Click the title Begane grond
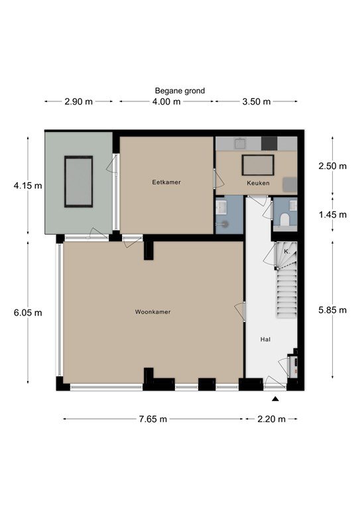point(180,91)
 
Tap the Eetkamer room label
point(166,182)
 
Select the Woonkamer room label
point(152,312)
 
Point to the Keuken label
point(258,183)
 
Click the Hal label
point(265,339)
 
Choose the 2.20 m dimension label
point(271,419)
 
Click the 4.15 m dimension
point(28,186)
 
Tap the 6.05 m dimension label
point(28,313)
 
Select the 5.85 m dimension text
point(332,310)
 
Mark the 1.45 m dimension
point(332,215)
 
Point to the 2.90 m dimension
point(78,101)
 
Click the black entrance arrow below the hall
point(275,399)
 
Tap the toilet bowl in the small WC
point(284,219)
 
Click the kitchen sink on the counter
point(240,143)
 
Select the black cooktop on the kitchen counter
point(269,143)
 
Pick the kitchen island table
point(258,165)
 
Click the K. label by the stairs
point(286,252)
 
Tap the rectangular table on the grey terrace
point(78,182)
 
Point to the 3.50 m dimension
point(257,101)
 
